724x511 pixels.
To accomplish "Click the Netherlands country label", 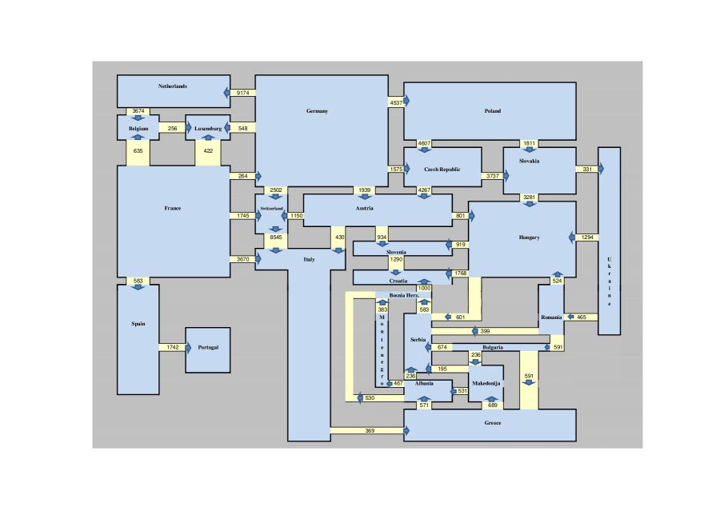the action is [173, 86].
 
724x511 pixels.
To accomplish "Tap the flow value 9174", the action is [243, 93].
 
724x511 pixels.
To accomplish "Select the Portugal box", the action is [208, 350].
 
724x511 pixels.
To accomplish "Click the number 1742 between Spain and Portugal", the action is [173, 347].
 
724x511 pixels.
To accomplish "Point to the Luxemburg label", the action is [208, 129].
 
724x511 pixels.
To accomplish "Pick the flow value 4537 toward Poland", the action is [396, 103].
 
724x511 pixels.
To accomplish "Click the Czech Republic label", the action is [442, 170].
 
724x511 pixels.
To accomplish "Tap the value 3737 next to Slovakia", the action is [493, 176].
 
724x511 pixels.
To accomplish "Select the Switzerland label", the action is [271, 209].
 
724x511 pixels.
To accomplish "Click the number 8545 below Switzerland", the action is [276, 238].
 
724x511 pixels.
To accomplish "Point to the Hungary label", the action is [529, 238].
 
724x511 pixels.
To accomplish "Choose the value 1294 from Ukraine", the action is [587, 238].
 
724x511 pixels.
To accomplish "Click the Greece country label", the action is [493, 423].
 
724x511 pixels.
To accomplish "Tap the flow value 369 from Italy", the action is [370, 431].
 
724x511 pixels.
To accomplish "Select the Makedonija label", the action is [486, 383].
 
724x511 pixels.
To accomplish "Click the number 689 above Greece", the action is [493, 405].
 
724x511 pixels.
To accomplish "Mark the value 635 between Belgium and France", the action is [138, 151].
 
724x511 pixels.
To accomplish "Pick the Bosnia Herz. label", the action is [404, 295].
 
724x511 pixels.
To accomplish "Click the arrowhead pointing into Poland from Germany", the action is [406, 101].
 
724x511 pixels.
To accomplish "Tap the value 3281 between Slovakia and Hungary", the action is [529, 197].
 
